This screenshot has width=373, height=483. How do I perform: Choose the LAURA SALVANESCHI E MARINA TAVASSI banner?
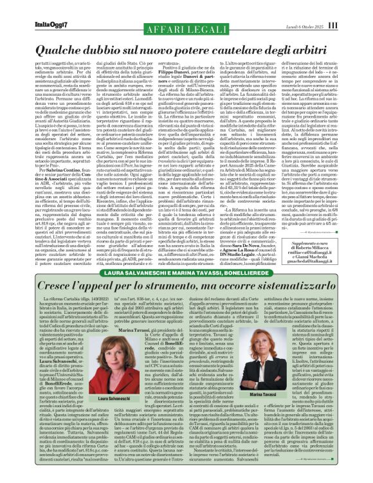(x=186, y=272)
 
